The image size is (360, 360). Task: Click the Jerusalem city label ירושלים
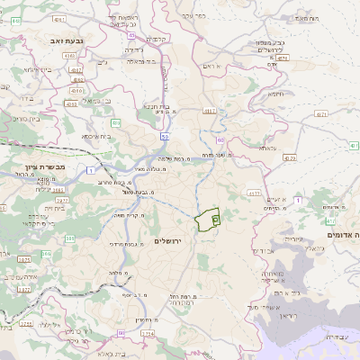coord(168,242)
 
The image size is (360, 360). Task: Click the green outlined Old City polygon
coord(209,220)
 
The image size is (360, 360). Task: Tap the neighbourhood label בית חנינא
coord(152,106)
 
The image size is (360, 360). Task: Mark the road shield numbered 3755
coord(25,324)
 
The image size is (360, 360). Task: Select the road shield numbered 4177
coord(253,193)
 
